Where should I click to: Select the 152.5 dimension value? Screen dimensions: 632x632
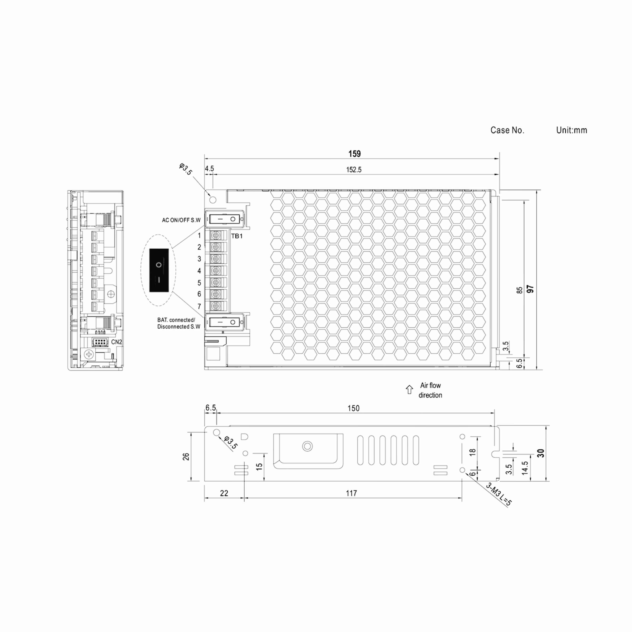pos(354,169)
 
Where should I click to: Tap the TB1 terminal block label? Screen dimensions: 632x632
pos(237,236)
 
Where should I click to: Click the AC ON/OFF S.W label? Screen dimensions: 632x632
pos(181,220)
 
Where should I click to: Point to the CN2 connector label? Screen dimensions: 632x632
pos(116,342)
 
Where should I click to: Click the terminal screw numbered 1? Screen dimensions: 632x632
pos(216,235)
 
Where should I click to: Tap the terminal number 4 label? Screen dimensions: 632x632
pos(199,271)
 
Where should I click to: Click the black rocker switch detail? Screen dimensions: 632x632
pos(159,270)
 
